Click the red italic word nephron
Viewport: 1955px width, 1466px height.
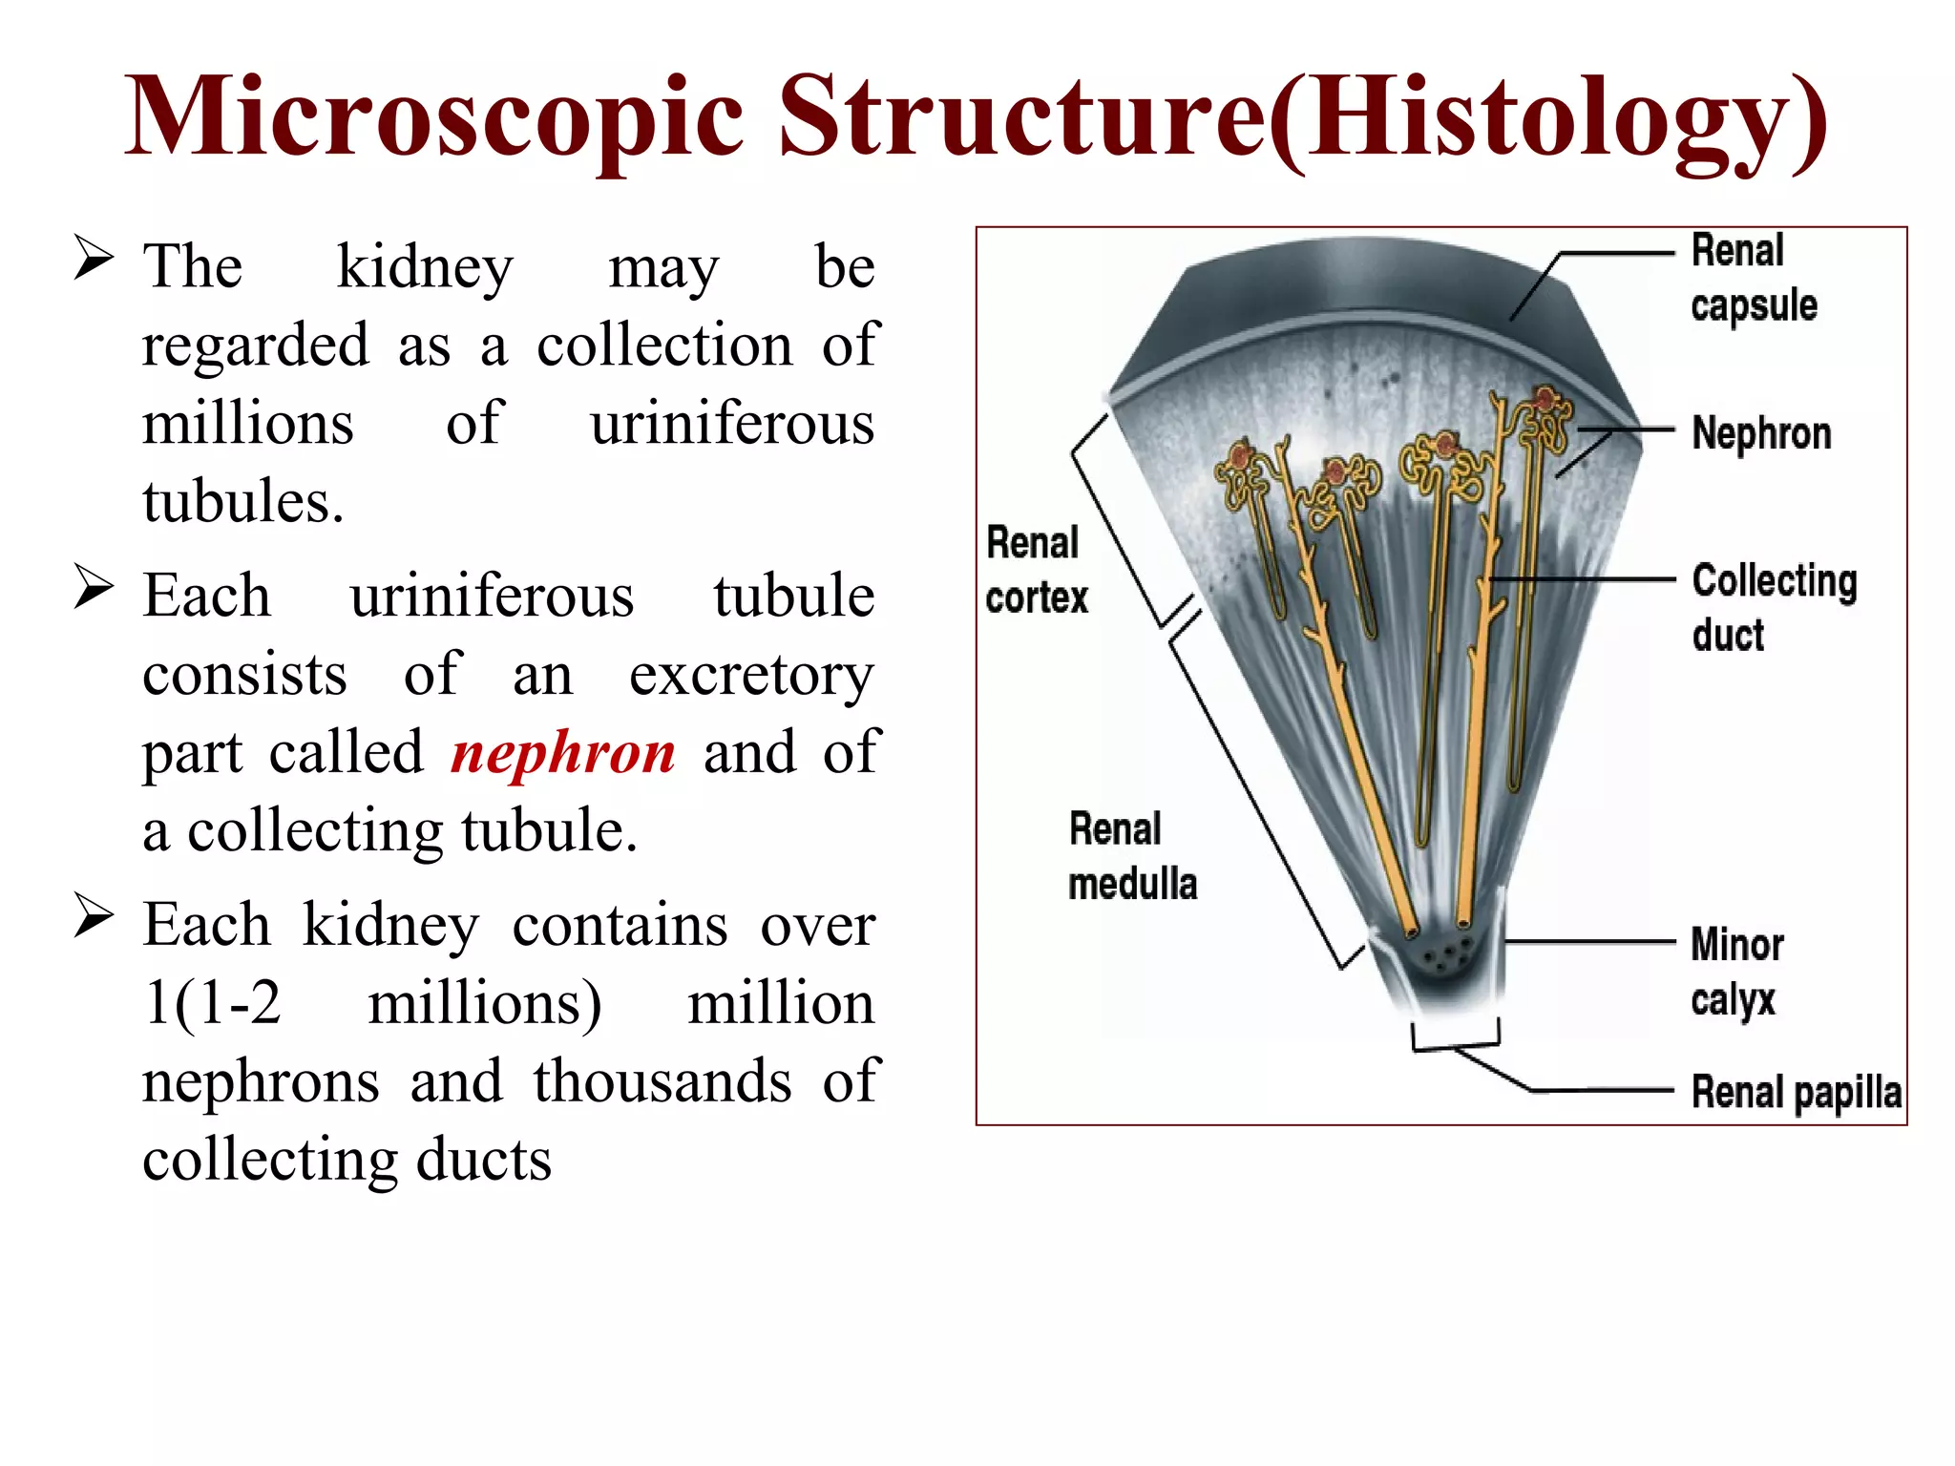click(563, 753)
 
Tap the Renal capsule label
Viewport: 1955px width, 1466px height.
click(1753, 278)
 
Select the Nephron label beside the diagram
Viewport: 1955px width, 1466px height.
click(1761, 433)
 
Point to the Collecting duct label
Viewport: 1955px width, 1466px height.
click(1774, 607)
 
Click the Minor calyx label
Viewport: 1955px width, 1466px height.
click(1736, 972)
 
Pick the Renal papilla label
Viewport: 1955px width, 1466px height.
click(1796, 1092)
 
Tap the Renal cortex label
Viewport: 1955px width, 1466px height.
click(1036, 570)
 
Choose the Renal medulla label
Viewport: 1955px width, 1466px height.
click(1131, 856)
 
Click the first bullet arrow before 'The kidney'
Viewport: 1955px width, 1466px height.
click(94, 259)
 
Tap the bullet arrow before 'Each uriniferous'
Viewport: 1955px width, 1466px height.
click(94, 587)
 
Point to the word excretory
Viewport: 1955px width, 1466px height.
click(751, 676)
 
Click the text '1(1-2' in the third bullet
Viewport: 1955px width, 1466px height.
click(212, 1004)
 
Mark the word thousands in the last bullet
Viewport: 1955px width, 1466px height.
click(662, 1081)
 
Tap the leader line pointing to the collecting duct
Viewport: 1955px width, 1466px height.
click(1585, 578)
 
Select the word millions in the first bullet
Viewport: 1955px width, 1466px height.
click(248, 423)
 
